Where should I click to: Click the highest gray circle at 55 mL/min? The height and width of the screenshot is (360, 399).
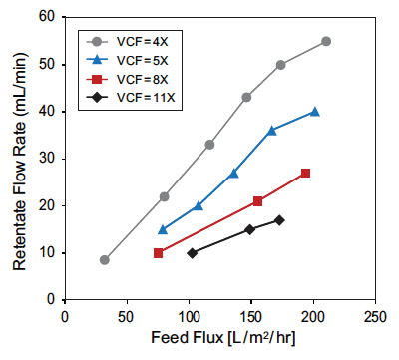[326, 41]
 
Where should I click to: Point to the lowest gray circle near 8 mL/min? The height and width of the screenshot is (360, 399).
[105, 259]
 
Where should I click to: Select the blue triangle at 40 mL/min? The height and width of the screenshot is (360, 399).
[315, 112]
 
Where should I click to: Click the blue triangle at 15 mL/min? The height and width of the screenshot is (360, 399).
[163, 229]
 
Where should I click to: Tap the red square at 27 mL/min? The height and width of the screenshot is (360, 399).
[305, 173]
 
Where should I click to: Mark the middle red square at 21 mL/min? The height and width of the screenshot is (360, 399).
[258, 201]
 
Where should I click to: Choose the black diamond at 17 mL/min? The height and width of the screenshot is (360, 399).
[279, 219]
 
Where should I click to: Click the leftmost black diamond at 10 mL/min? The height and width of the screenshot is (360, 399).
[193, 252]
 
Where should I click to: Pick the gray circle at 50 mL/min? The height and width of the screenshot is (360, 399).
[281, 65]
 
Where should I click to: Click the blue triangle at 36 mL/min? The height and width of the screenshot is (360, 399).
[272, 130]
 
